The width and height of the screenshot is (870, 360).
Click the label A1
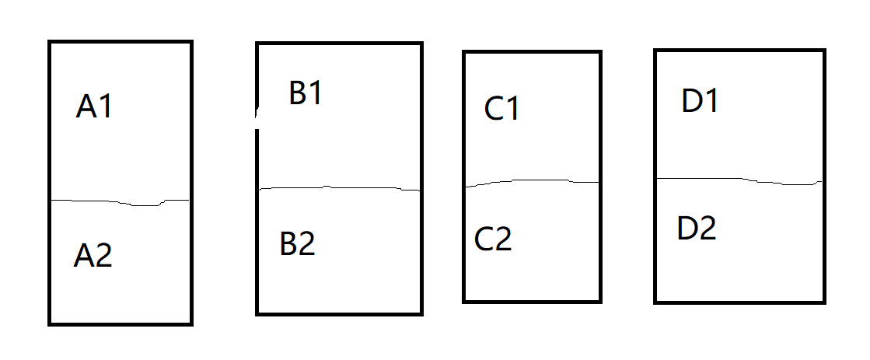click(95, 107)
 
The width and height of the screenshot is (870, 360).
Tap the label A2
click(93, 256)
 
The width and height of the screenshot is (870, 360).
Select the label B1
click(306, 93)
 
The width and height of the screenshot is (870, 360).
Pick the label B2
click(297, 244)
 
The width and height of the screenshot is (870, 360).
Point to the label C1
click(501, 109)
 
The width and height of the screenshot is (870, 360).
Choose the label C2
click(493, 239)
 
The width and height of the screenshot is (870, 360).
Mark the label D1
click(700, 102)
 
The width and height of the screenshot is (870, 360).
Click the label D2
click(697, 229)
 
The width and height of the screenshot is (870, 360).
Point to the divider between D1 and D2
click(739, 180)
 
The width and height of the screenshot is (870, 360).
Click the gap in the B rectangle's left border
click(257, 117)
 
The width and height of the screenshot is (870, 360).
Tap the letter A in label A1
click(86, 107)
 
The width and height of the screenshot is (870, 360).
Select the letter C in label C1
click(494, 109)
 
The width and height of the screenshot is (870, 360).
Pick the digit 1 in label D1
click(710, 102)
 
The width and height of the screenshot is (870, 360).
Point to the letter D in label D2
click(687, 229)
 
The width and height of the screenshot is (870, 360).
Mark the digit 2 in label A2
click(103, 256)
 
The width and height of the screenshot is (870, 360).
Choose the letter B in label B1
click(298, 93)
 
